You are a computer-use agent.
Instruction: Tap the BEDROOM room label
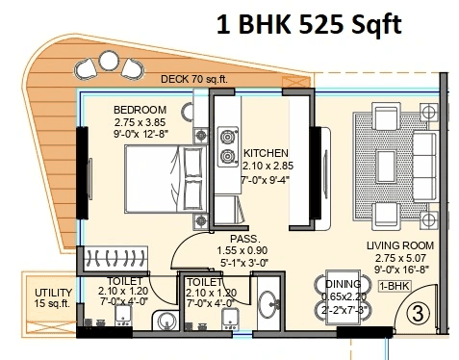point(140,110)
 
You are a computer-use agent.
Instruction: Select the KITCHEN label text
point(266,153)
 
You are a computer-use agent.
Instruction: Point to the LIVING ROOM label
point(396,245)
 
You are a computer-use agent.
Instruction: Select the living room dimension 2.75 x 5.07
point(395,258)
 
